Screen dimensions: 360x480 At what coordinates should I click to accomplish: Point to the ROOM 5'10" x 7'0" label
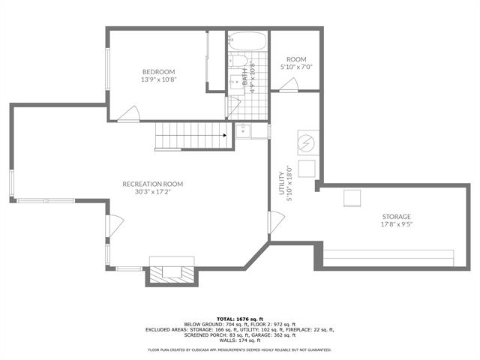(x=297, y=62)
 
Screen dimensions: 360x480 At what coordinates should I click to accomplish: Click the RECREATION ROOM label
(x=152, y=187)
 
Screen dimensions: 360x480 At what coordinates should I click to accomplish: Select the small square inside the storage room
(x=352, y=198)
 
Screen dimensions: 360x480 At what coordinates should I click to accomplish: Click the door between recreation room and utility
(x=276, y=223)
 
